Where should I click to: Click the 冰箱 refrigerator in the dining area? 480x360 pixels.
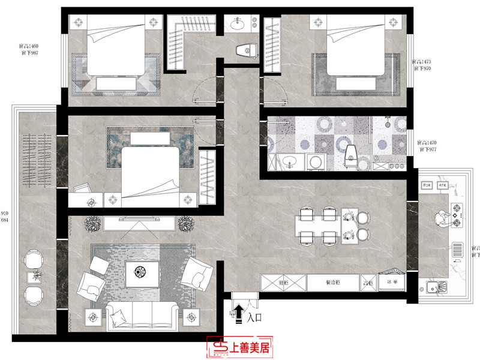(x=391, y=281)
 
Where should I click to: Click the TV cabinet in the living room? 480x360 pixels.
(x=140, y=224)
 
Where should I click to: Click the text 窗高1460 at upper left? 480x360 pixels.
(x=28, y=46)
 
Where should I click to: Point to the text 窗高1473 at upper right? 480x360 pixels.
(x=423, y=62)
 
